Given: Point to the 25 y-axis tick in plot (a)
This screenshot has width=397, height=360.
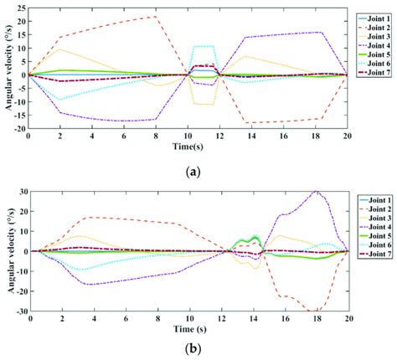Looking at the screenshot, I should tap(21, 7).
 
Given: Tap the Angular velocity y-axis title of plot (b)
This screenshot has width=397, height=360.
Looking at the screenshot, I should tap(8, 251).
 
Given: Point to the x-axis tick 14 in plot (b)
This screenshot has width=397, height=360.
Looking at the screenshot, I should tap(252, 318).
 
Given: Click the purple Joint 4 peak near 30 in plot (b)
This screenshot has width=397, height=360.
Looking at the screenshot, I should tap(316, 192).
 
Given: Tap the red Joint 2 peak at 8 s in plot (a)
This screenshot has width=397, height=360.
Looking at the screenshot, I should tap(156, 17).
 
